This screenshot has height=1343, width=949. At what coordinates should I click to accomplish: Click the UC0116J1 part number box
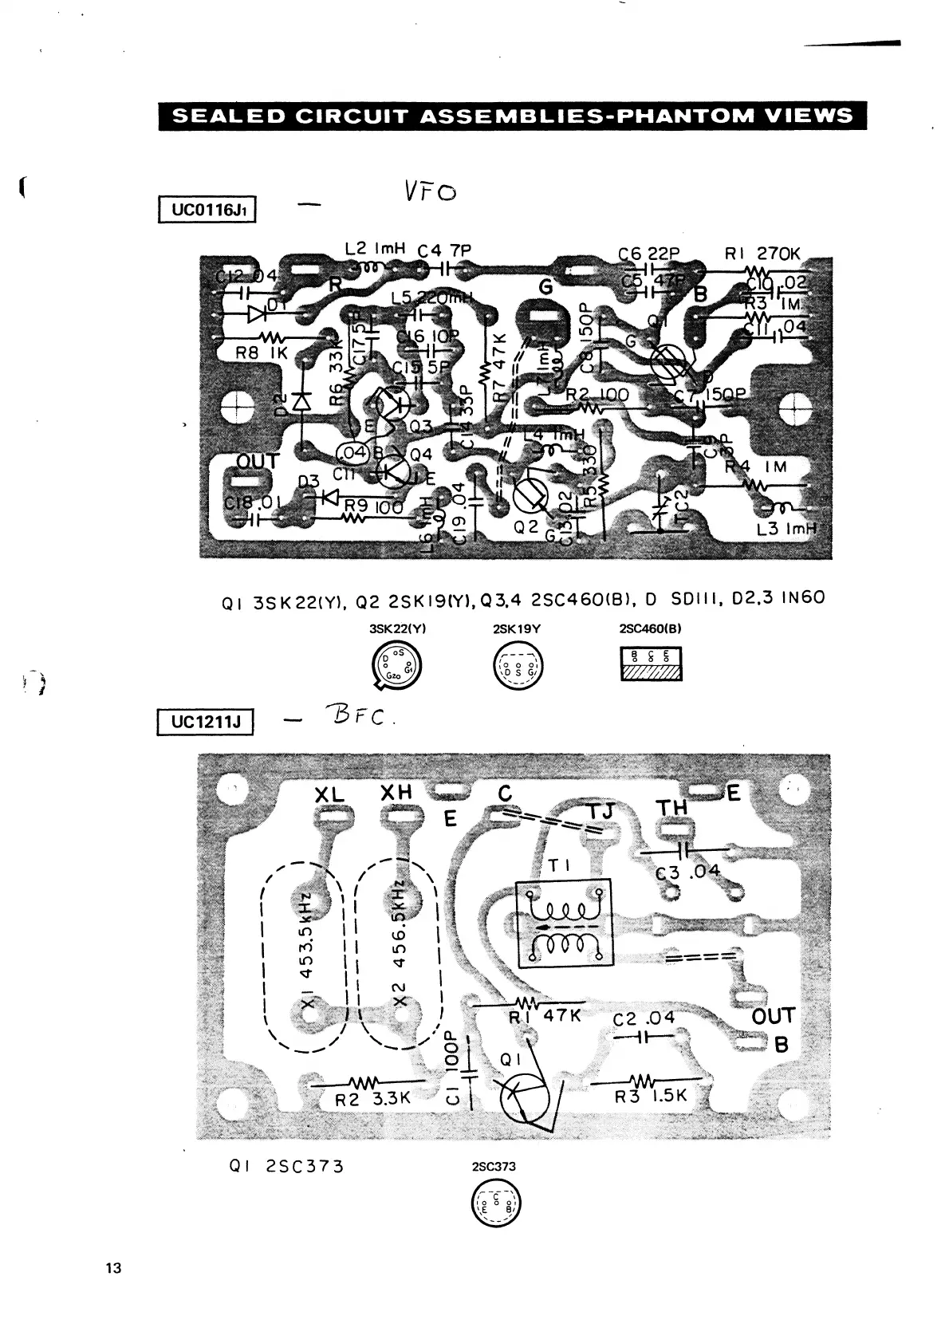pyautogui.click(x=207, y=211)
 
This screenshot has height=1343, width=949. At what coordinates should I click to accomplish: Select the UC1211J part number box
pyautogui.click(x=206, y=723)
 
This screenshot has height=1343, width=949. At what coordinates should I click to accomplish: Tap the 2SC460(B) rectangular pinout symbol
pyautogui.click(x=651, y=664)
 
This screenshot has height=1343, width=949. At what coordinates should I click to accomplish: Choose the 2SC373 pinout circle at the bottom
pyautogui.click(x=494, y=1202)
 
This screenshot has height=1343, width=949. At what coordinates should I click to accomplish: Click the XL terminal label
pyautogui.click(x=329, y=794)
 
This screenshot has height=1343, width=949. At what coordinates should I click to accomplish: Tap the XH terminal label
pyautogui.click(x=396, y=793)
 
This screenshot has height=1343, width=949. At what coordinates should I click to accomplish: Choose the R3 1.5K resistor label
pyautogui.click(x=651, y=1096)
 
